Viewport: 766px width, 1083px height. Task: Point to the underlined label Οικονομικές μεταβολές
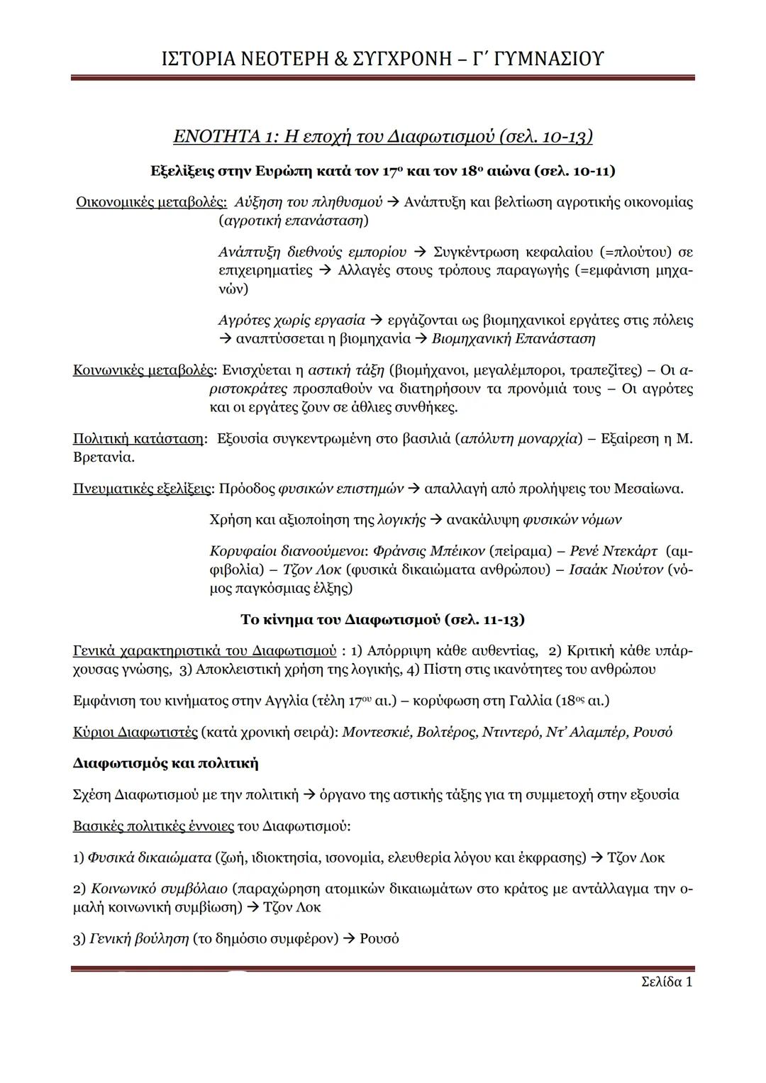(x=151, y=202)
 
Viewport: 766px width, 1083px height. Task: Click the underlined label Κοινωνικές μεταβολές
(x=144, y=370)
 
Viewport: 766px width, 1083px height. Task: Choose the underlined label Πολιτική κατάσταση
(x=138, y=438)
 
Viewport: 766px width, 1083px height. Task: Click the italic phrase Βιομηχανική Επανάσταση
(x=514, y=338)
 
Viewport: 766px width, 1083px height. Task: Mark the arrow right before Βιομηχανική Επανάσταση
(x=421, y=339)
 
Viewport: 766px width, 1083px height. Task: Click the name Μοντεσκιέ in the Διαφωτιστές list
(x=377, y=732)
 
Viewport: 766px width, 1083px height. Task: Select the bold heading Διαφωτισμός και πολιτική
(x=165, y=763)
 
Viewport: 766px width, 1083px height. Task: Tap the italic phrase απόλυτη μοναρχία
(x=519, y=438)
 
